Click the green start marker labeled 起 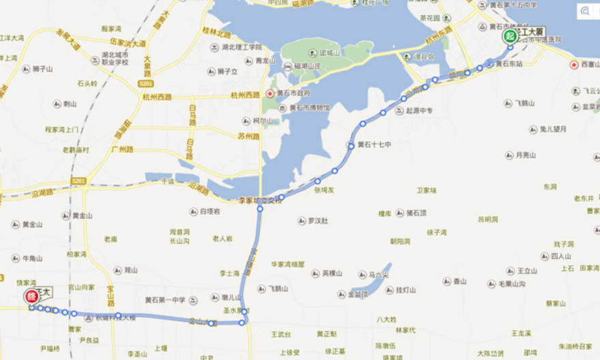509,36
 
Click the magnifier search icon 585,10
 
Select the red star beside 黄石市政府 271,93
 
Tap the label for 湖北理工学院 241,47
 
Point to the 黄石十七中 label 374,145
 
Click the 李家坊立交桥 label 259,200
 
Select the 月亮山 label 525,155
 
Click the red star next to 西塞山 574,65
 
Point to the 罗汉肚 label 317,221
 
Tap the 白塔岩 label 209,211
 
